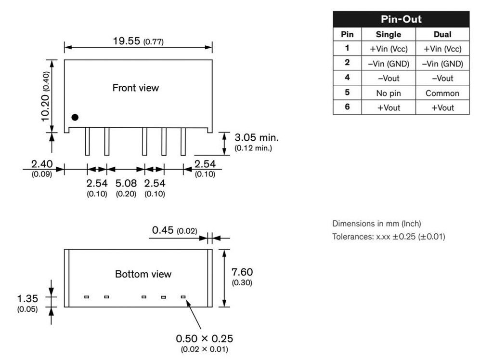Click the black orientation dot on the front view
pyautogui.click(x=75, y=117)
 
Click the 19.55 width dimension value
pyautogui.click(x=127, y=41)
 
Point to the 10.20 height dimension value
pyautogui.click(x=45, y=107)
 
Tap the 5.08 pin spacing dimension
pyautogui.click(x=126, y=183)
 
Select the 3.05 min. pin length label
pyautogui.click(x=257, y=137)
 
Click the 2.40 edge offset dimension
pyautogui.click(x=42, y=164)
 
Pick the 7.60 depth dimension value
pyautogui.click(x=242, y=272)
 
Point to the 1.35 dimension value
pyautogui.click(x=27, y=298)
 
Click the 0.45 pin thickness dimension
pyautogui.click(x=163, y=230)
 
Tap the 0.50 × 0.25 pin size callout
pyautogui.click(x=204, y=339)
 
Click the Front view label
pyautogui.click(x=135, y=88)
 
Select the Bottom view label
pyautogui.click(x=143, y=274)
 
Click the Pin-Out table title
pyautogui.click(x=401, y=19)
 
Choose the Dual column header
pyautogui.click(x=442, y=34)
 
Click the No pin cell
pyautogui.click(x=389, y=93)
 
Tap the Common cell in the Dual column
pyautogui.click(x=442, y=93)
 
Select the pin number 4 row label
pyautogui.click(x=347, y=78)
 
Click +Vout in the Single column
pyautogui.click(x=389, y=107)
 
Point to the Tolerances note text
pyautogui.click(x=389, y=237)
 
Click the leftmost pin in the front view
pyautogui.click(x=88, y=141)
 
